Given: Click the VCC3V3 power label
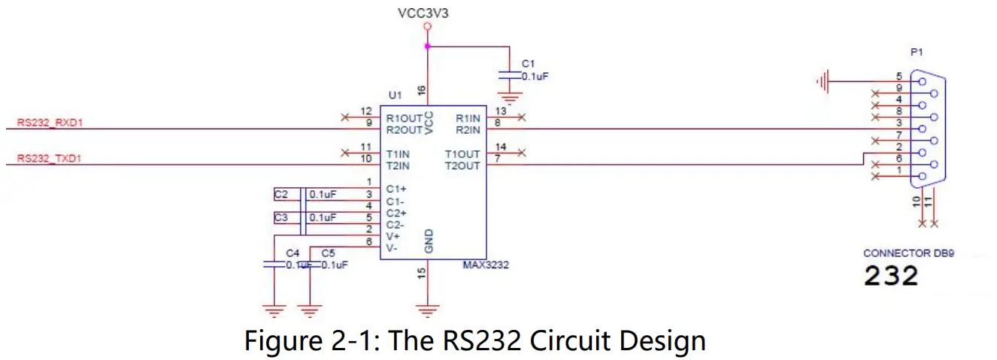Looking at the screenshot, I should (427, 13).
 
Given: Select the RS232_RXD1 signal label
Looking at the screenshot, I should (49, 121).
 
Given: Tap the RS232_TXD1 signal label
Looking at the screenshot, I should (49, 159).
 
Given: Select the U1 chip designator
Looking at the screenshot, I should (395, 95).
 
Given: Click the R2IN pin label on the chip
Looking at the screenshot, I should (468, 129).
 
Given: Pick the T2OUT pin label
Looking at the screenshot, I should (462, 165).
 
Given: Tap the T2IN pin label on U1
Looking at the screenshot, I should (398, 165).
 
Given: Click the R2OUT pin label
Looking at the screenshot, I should (403, 129).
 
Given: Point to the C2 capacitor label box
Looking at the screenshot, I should (281, 195).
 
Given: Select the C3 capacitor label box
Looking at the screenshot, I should (281, 218).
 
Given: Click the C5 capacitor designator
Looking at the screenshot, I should (327, 253).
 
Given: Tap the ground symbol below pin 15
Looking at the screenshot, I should (428, 309).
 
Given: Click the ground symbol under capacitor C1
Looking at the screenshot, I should (512, 98).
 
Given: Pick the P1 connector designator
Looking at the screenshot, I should (916, 53).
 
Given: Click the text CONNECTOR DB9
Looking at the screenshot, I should (908, 253).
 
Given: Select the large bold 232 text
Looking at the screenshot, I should (891, 276).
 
